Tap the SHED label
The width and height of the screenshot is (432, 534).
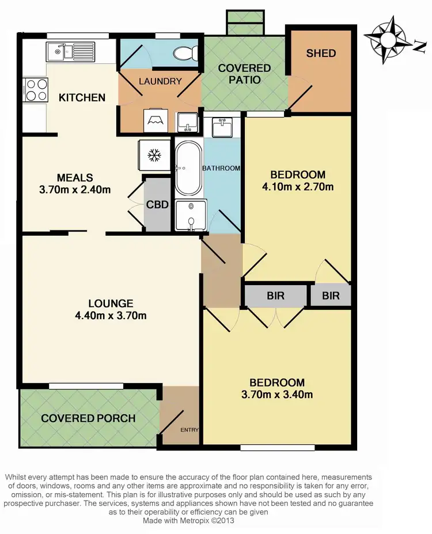[x=321, y=54]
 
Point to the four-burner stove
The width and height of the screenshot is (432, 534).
[x=35, y=90]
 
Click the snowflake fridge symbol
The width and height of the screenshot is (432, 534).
[x=154, y=155]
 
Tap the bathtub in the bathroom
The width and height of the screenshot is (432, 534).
[x=188, y=168]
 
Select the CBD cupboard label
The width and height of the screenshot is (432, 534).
[x=157, y=204]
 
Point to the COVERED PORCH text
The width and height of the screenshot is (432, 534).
[x=88, y=418]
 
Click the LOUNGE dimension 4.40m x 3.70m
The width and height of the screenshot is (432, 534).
[x=111, y=315]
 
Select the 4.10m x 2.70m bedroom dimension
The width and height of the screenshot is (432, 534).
[x=298, y=187]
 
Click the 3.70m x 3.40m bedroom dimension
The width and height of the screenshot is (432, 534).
[x=276, y=395]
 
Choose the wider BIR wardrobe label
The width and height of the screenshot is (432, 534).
[x=275, y=296]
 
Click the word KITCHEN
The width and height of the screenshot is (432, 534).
[x=82, y=97]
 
